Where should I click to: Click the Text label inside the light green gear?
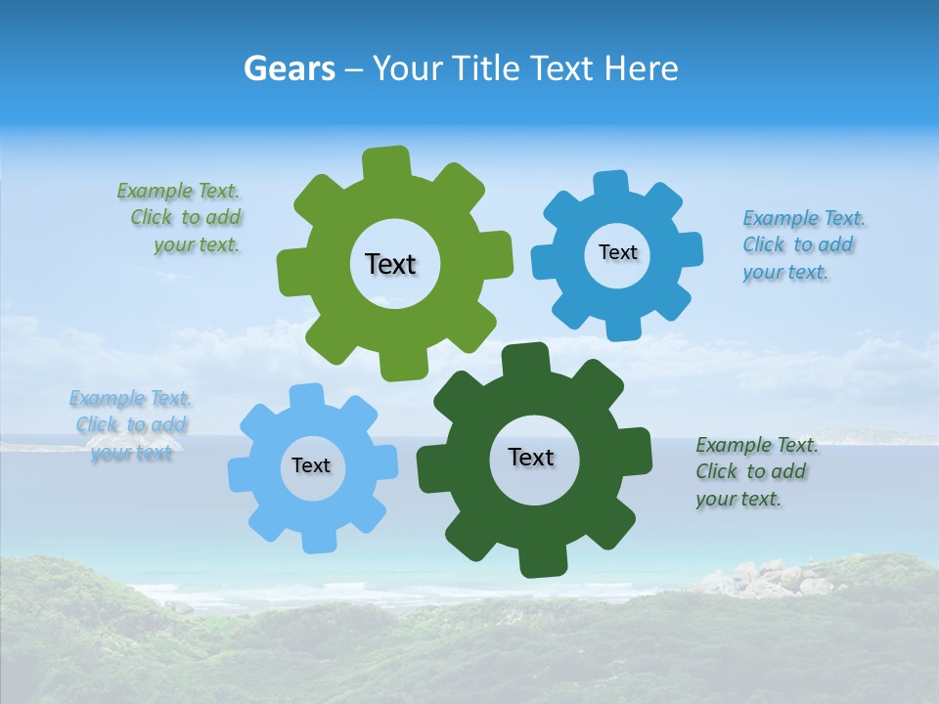pos(390,264)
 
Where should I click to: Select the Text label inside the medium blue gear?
pos(617,252)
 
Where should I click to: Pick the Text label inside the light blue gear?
pos(311,465)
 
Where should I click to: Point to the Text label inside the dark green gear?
pos(531,457)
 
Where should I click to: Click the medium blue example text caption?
pos(802,245)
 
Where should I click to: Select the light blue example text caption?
pos(131,425)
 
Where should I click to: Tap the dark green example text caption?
pos(755,471)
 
